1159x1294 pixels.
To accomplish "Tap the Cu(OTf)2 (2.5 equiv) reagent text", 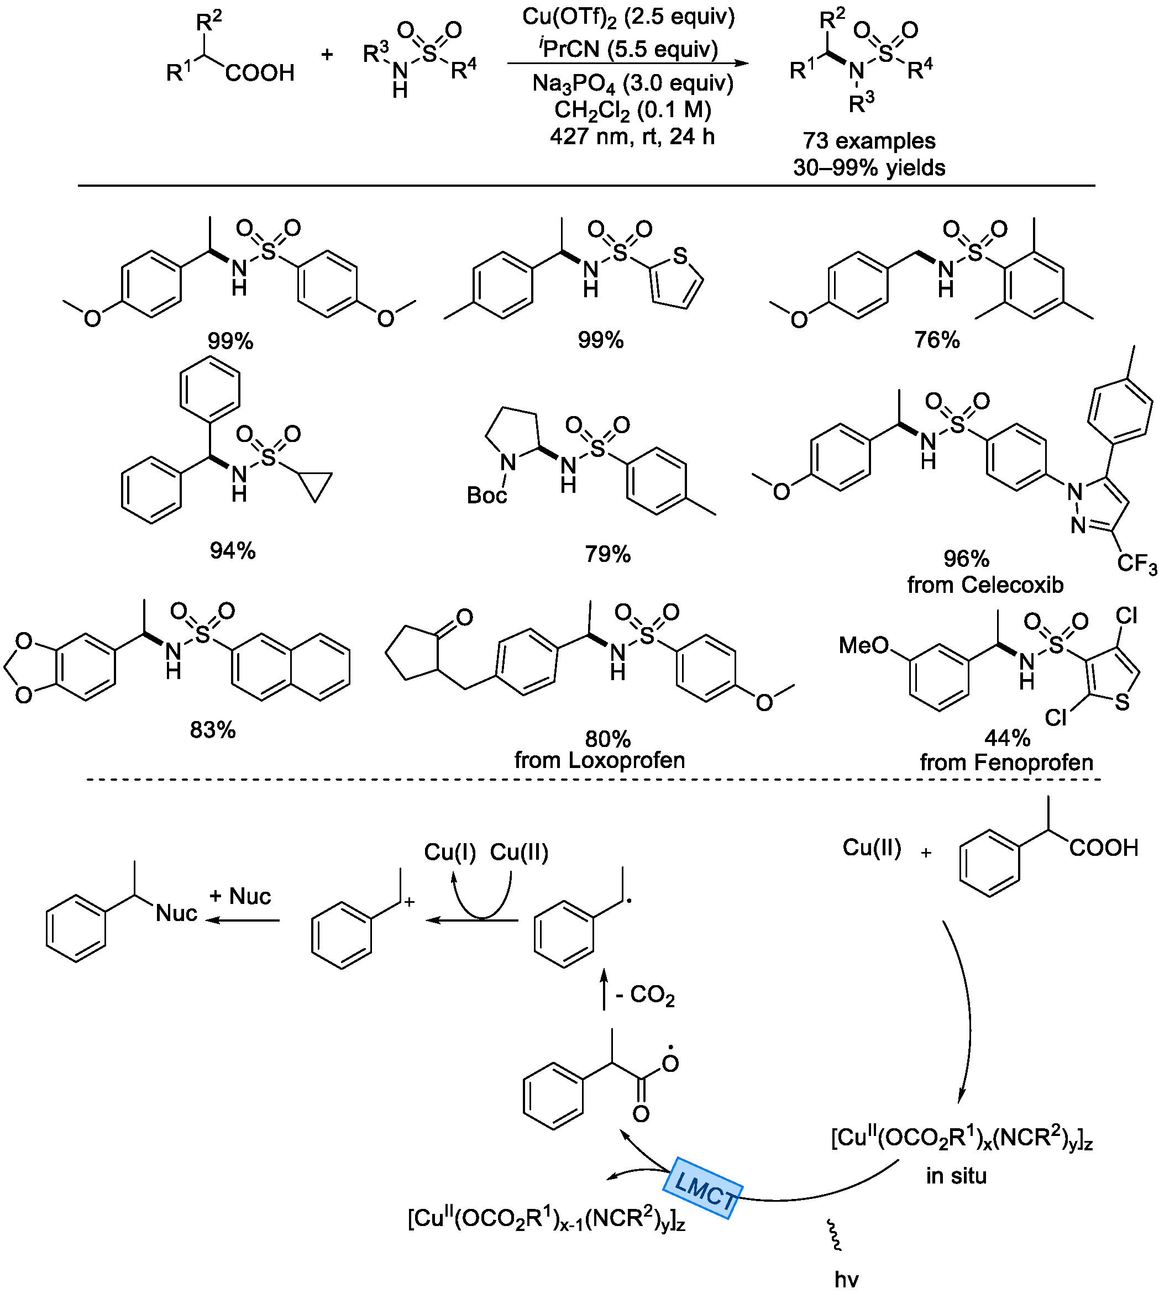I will click(x=628, y=17).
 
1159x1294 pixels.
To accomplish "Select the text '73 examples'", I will click(x=869, y=141).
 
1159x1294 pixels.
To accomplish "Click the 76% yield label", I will click(x=937, y=340).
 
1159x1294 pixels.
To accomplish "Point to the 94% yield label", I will click(x=233, y=550).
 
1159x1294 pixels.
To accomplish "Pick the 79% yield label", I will click(x=607, y=554).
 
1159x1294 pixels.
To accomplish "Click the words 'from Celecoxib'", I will click(x=985, y=585).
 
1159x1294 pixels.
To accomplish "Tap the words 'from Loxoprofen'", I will click(x=599, y=760).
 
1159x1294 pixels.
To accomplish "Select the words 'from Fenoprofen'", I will click(x=1006, y=762).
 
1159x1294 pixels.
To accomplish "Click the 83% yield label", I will click(x=213, y=730).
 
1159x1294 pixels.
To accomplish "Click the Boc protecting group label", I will click(x=486, y=495).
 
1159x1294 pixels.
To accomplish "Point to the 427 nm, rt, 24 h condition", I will click(x=632, y=137).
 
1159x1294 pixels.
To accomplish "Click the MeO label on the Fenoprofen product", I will click(x=863, y=645).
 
